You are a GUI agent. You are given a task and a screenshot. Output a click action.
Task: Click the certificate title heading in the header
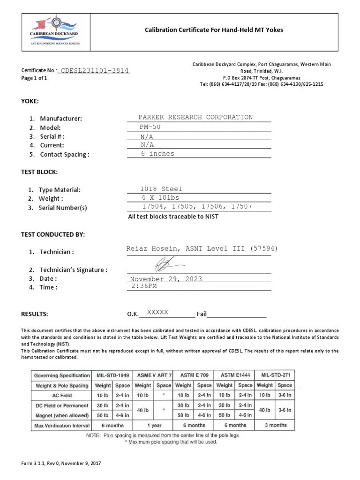213,30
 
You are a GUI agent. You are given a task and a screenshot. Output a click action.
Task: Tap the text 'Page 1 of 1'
34,78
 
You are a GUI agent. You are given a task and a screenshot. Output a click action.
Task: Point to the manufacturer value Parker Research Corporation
195,117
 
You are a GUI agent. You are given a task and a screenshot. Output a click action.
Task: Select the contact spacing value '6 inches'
157,154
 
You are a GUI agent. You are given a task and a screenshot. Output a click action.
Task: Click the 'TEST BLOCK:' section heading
39,172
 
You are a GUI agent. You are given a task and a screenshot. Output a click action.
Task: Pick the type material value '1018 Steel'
161,189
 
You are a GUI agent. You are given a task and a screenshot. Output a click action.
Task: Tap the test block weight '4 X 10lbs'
160,198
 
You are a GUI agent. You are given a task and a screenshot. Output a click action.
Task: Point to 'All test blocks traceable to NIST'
173,217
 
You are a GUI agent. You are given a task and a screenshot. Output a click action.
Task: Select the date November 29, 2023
166,279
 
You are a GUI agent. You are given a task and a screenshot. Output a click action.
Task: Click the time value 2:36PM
144,286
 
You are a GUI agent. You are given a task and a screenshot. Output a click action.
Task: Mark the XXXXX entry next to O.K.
157,312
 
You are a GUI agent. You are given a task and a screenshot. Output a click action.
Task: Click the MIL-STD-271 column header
275,375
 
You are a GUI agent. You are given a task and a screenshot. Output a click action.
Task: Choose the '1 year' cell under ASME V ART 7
153,425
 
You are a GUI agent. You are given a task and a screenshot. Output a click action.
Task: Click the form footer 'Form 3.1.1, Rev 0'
60,463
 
